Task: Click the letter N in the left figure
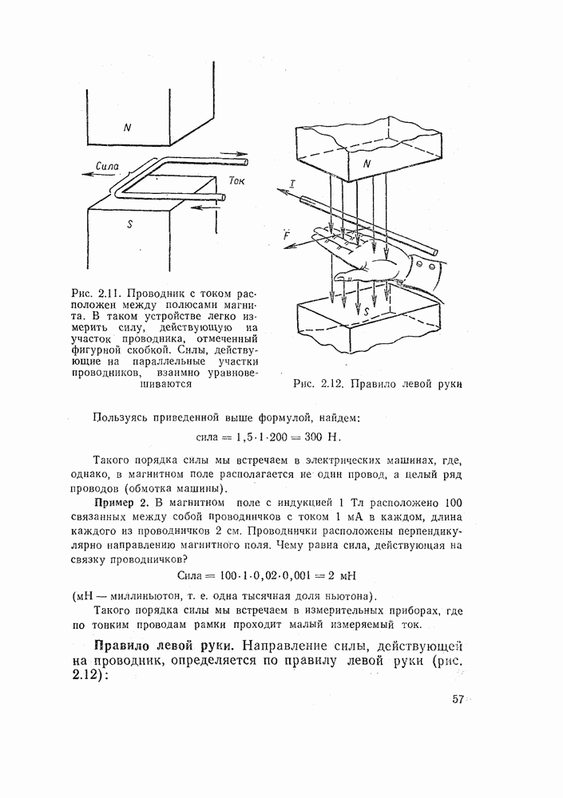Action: [x=126, y=127]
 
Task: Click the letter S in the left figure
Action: [x=129, y=225]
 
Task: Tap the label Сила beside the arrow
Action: [x=106, y=166]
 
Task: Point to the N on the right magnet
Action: [x=366, y=164]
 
